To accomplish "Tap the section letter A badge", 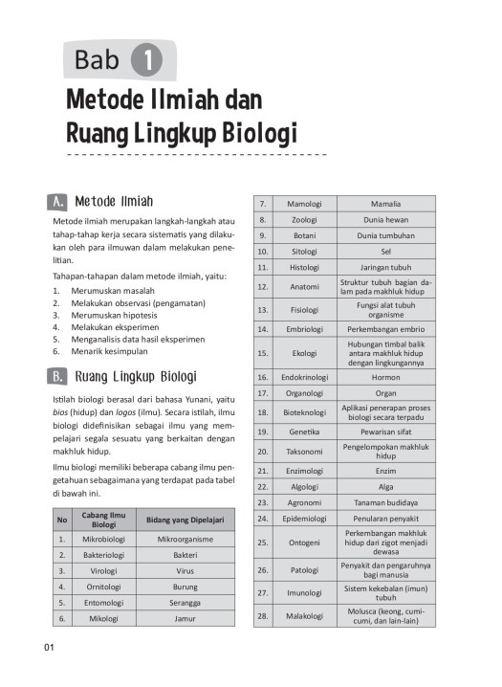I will (57, 201).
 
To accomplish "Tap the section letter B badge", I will (57, 375).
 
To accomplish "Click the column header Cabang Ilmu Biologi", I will (98, 520).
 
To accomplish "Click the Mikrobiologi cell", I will (98, 540).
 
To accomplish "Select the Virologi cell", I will (98, 570).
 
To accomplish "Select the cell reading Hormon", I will (386, 377).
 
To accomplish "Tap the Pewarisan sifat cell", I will (386, 432).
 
